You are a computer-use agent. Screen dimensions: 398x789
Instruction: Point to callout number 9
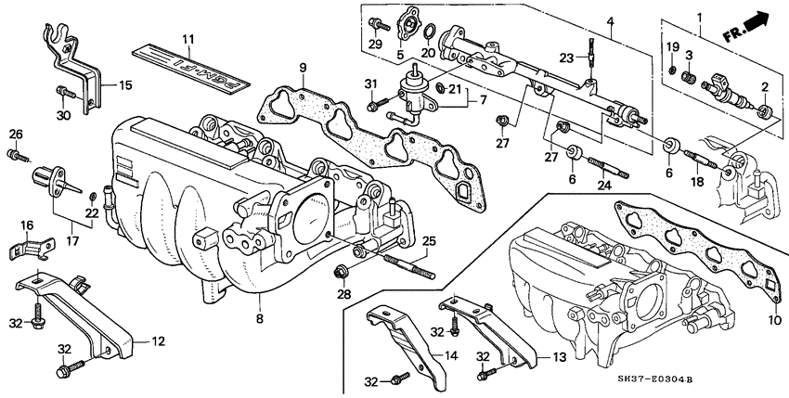(301, 67)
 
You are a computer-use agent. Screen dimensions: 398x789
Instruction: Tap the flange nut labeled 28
(341, 272)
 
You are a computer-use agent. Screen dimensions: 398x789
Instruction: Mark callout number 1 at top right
(688, 14)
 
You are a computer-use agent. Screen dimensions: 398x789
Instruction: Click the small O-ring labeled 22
(93, 198)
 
